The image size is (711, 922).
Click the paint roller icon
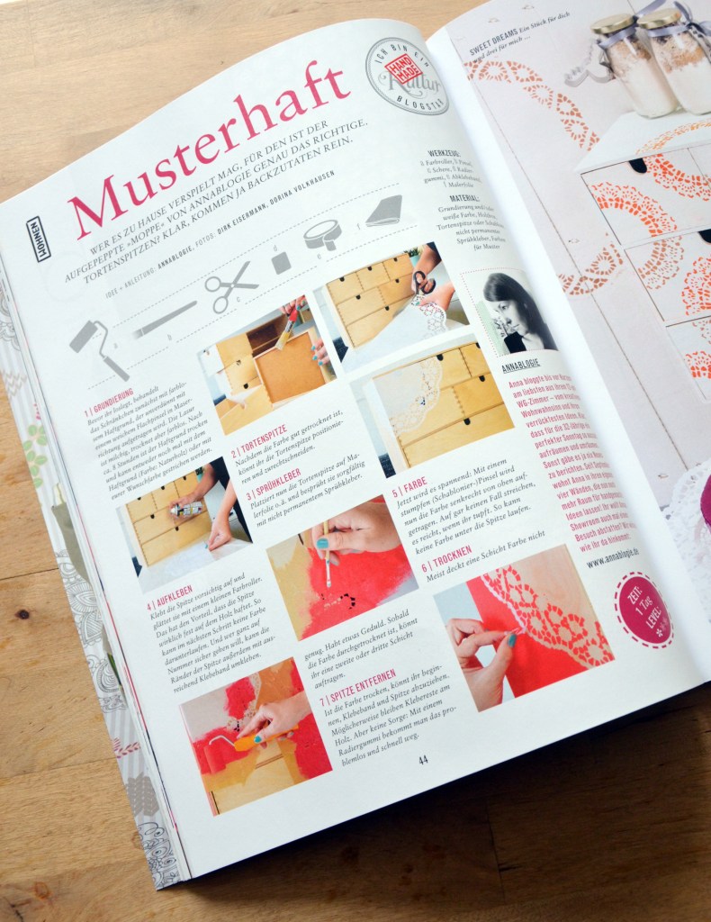coord(99,348)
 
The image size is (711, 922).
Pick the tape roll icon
coord(322,234)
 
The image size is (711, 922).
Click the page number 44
coord(423,759)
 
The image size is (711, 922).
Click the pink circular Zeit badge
coord(643,610)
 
